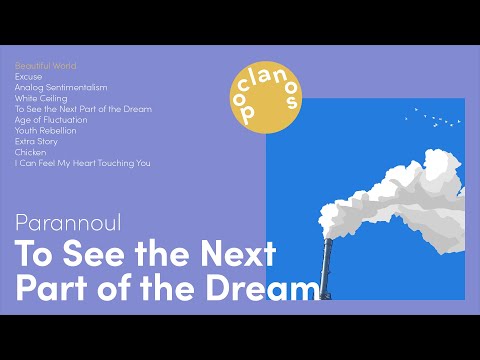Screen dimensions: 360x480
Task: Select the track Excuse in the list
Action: coord(29,76)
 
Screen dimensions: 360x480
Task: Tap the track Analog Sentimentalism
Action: coord(61,87)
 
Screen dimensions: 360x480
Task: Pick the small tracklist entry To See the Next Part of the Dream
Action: coord(83,109)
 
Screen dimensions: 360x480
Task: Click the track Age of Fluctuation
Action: coord(51,120)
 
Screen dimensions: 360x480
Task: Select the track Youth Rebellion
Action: coord(46,131)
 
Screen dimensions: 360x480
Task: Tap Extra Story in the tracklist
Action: coord(36,141)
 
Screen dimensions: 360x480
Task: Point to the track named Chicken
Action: coord(30,152)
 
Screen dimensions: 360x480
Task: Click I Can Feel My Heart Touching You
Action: coord(82,163)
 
